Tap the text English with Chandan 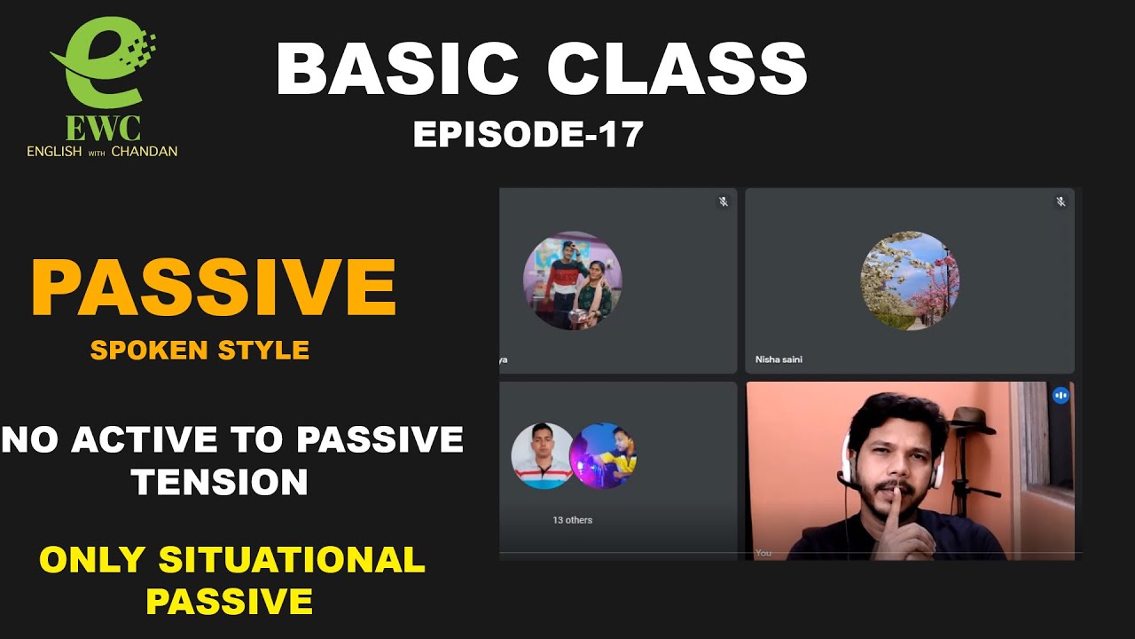[x=102, y=152]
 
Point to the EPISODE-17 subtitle [x=528, y=134]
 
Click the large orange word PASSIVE [x=214, y=288]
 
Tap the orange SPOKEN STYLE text [x=200, y=350]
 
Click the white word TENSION [x=219, y=482]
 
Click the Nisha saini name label [x=779, y=359]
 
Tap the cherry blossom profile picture [x=910, y=280]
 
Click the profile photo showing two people [x=572, y=280]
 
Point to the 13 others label [x=572, y=520]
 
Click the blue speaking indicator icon [x=1061, y=396]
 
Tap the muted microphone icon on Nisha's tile [x=1061, y=202]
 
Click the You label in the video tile [x=763, y=553]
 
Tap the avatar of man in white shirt [x=542, y=455]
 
